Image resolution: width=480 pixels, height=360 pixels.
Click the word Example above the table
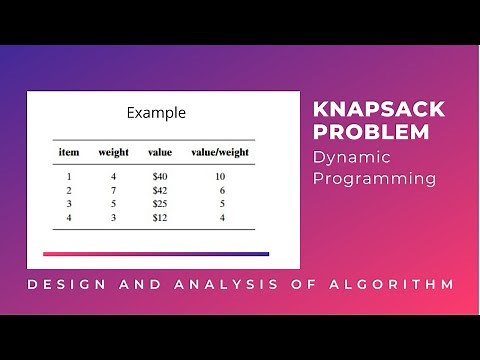(x=156, y=113)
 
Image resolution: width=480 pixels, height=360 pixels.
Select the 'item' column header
(x=69, y=152)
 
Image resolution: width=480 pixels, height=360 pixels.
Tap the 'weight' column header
(x=113, y=152)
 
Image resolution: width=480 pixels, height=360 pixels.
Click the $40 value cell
(x=160, y=175)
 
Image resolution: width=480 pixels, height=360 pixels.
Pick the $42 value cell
(x=160, y=189)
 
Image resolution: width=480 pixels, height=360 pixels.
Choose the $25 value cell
(x=160, y=203)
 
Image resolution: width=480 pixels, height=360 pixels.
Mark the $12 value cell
(x=160, y=217)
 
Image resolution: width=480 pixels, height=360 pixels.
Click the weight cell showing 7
(x=113, y=189)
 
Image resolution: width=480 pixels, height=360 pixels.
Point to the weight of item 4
(x=113, y=217)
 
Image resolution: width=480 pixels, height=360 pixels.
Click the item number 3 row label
(x=69, y=203)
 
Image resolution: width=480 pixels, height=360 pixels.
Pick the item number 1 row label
(x=69, y=175)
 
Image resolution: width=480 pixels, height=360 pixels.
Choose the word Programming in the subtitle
(x=375, y=179)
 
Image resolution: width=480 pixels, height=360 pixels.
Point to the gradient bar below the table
(x=155, y=254)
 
